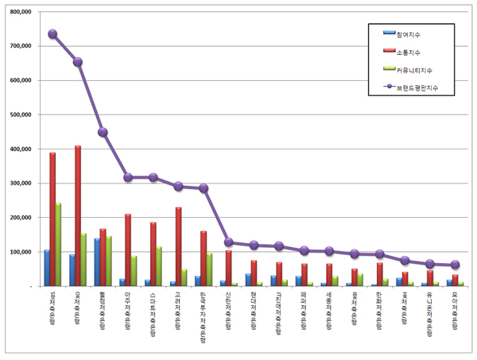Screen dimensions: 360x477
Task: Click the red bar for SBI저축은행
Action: pos(52,219)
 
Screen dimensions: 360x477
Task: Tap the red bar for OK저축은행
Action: pos(78,215)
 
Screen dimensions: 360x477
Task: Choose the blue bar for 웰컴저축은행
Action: pos(97,261)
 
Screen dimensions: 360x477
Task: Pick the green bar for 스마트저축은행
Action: pos(159,265)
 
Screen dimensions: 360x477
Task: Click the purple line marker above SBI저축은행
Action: pos(52,34)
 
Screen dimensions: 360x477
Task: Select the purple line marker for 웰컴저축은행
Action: pos(103,132)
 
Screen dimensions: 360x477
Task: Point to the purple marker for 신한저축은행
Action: pos(229,242)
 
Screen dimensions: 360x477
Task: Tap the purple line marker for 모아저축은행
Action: pos(455,265)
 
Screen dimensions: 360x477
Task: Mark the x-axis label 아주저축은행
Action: pos(128,311)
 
